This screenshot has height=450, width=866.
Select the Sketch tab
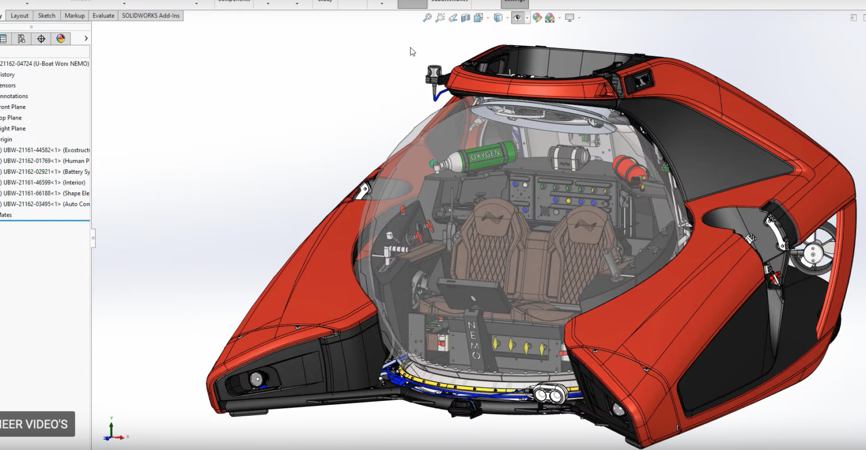pyautogui.click(x=47, y=16)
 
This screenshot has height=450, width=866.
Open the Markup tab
pyautogui.click(x=74, y=16)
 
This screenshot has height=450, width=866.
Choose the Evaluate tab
pyautogui.click(x=103, y=16)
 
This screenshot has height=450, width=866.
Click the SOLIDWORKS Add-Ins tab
pyautogui.click(x=151, y=16)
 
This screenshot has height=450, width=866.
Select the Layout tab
pyautogui.click(x=19, y=16)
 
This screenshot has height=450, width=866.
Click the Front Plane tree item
pyautogui.click(x=13, y=107)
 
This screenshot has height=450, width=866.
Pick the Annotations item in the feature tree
pyautogui.click(x=14, y=96)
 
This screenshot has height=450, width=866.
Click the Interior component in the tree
pyautogui.click(x=44, y=183)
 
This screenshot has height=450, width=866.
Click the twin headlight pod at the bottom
pyautogui.click(x=548, y=394)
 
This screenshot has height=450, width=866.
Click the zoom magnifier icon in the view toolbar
pyautogui.click(x=427, y=18)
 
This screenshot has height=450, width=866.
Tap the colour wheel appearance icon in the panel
pyautogui.click(x=61, y=38)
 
